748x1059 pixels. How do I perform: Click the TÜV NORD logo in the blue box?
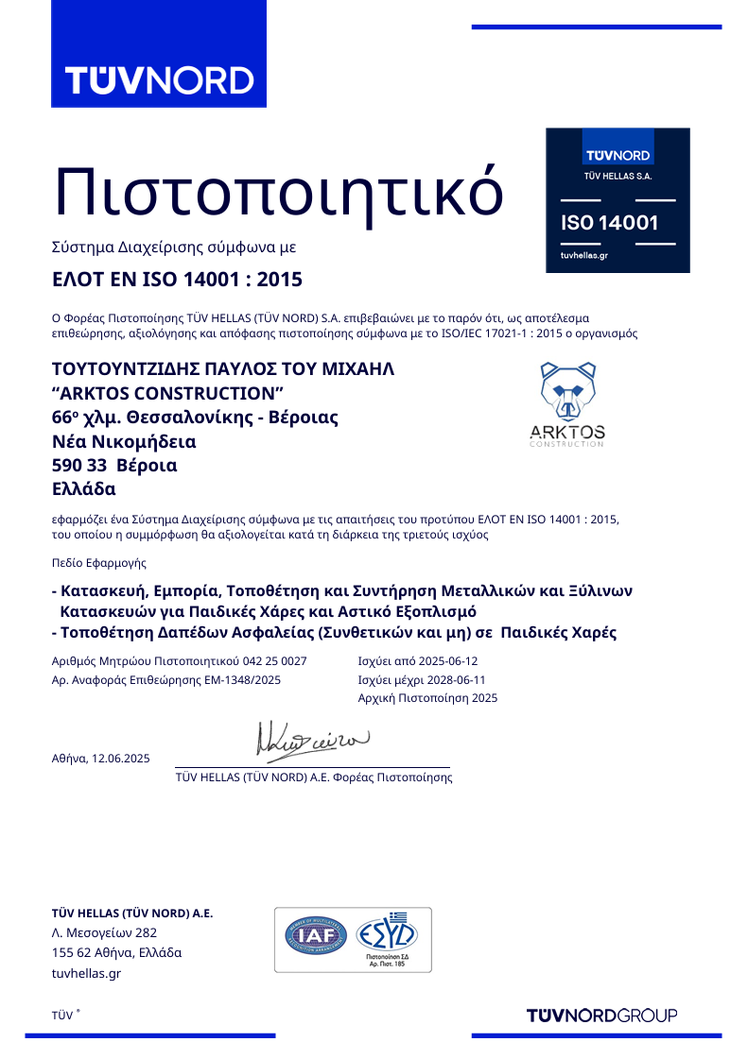click(x=159, y=80)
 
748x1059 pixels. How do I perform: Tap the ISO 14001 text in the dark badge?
click(x=610, y=223)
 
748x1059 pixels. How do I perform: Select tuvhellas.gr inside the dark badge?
click(x=583, y=255)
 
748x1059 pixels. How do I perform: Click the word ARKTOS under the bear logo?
click(x=567, y=433)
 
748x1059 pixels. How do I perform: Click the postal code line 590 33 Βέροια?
click(x=114, y=466)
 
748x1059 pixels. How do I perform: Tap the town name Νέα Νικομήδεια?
click(x=124, y=441)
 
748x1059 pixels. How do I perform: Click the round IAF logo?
click(x=317, y=935)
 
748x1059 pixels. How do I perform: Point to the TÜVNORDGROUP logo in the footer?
click(x=601, y=1016)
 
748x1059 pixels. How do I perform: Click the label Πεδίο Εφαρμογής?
click(x=99, y=563)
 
